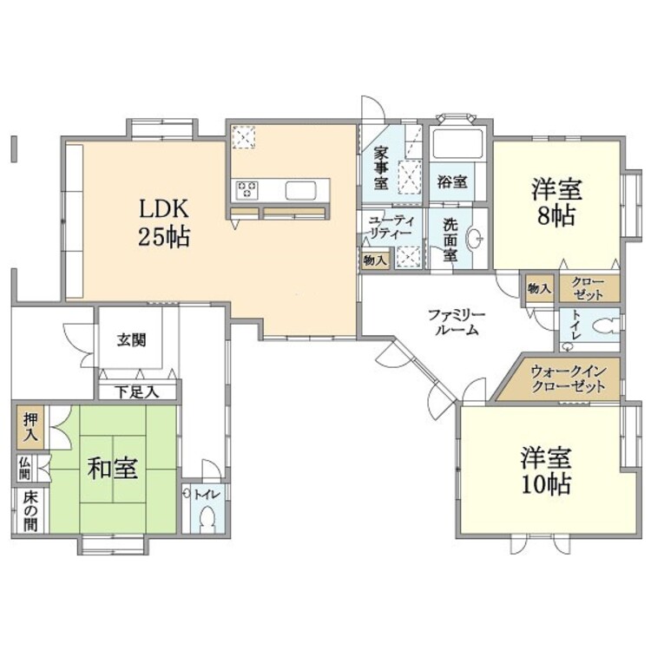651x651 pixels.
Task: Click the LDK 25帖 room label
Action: (164, 222)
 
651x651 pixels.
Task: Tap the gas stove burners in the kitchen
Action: (247, 190)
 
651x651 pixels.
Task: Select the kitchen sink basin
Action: (300, 191)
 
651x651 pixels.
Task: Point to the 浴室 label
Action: (452, 181)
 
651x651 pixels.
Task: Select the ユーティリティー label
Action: (390, 227)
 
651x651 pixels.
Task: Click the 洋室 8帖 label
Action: (556, 201)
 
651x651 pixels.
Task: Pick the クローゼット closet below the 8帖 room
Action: (589, 288)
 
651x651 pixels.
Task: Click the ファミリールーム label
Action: (457, 322)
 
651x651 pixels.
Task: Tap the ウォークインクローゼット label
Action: (569, 379)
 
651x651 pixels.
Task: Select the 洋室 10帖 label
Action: (546, 470)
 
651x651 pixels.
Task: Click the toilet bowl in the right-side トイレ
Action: (605, 325)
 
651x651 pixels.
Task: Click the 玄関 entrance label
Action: (131, 340)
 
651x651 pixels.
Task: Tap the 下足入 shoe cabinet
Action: (137, 391)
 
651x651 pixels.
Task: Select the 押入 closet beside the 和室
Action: (30, 427)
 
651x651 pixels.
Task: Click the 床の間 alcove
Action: (30, 511)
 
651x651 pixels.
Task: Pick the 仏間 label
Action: (24, 469)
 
